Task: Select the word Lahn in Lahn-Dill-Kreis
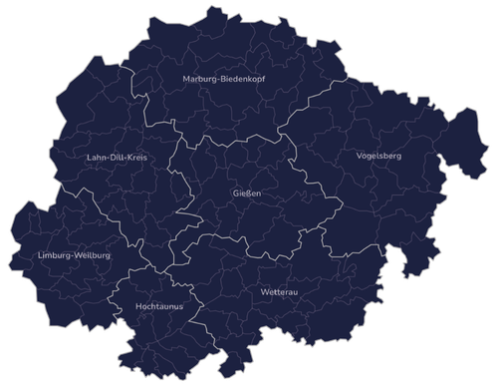(x=98, y=158)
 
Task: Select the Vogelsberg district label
(x=377, y=156)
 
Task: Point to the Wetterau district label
(x=277, y=292)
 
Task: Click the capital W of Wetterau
(x=263, y=292)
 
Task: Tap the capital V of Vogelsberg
(x=359, y=156)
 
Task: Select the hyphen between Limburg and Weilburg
(x=72, y=256)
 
